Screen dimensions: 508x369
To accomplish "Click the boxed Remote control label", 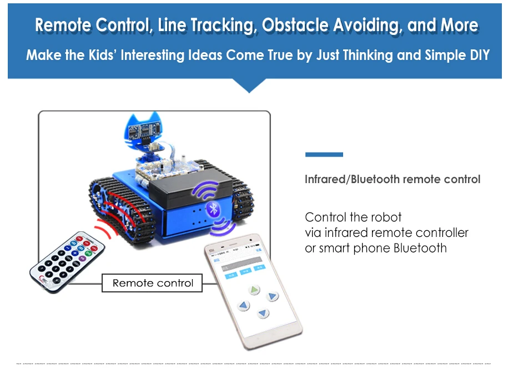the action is (x=153, y=283).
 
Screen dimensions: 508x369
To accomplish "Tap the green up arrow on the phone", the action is (x=254, y=289).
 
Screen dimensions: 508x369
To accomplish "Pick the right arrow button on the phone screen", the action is (x=272, y=296).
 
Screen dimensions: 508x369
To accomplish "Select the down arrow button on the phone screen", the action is (x=263, y=314).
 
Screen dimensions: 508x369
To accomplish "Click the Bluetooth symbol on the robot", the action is (x=213, y=209).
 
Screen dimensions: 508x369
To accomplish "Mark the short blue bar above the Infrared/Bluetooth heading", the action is (x=324, y=154).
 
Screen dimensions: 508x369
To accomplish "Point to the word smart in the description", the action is (x=349, y=247).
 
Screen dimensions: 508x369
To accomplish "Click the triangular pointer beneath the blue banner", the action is (x=249, y=85).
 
